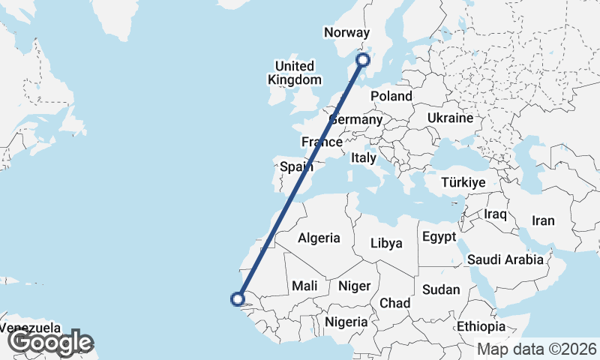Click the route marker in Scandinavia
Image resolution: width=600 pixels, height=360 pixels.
click(363, 60)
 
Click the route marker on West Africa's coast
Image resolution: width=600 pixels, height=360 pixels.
click(237, 299)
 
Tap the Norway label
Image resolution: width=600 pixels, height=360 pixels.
click(346, 33)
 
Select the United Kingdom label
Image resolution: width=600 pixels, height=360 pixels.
click(295, 73)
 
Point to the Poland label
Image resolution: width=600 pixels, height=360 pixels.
click(391, 97)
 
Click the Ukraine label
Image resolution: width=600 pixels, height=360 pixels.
click(450, 118)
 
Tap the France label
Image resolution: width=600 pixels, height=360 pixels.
click(322, 142)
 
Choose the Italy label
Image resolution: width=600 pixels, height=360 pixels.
click(364, 158)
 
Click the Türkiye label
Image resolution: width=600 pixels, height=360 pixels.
click(463, 183)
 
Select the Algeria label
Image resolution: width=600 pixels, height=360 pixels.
click(319, 238)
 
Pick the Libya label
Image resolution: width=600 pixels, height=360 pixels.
click(387, 243)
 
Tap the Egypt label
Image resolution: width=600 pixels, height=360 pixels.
click(439, 237)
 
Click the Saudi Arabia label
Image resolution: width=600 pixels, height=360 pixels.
click(505, 260)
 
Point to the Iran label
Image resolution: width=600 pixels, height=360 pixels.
click(543, 220)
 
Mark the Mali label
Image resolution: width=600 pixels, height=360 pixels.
click(305, 286)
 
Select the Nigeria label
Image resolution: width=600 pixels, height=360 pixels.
click(346, 322)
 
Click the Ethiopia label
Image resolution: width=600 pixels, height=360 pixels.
click(481, 327)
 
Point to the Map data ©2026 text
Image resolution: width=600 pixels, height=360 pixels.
click(536, 349)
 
